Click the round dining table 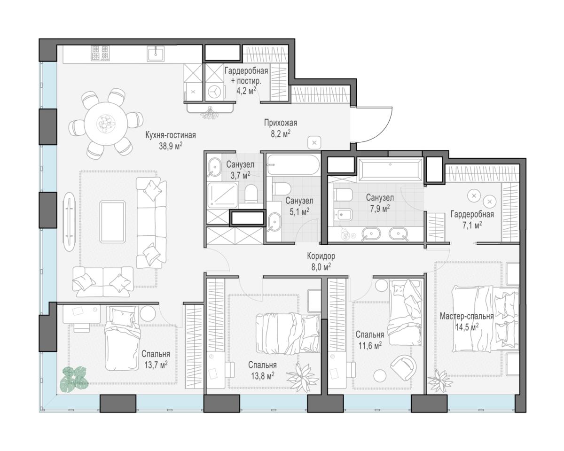tap(106, 124)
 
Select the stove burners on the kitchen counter tap(100, 53)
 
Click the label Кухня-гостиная tap(171, 135)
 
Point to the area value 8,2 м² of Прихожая tap(281, 134)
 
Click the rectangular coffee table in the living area tap(112, 222)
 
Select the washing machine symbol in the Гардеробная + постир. tap(215, 92)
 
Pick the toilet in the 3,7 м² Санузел tap(251, 194)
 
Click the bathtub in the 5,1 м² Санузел tap(293, 164)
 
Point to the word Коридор tap(321, 256)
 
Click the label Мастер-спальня tap(467, 316)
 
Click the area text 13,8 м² tap(263, 376)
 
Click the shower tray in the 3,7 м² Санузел tap(223, 195)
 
